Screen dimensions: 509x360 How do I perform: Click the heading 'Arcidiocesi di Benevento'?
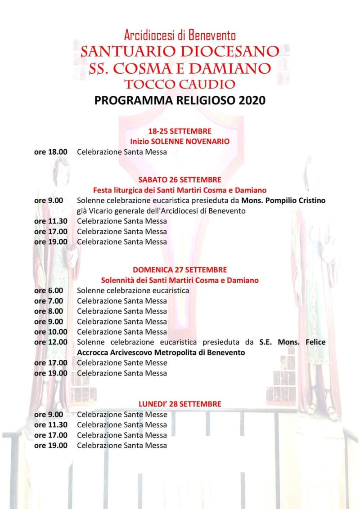180,35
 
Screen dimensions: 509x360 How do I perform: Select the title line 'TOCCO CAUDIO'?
180,84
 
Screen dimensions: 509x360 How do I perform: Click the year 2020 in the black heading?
252,100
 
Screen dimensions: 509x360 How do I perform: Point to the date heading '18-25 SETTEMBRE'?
180,131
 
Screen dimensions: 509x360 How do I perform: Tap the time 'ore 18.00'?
51,152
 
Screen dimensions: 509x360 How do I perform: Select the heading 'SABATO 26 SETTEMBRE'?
180,180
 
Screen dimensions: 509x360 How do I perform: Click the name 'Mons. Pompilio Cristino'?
283,201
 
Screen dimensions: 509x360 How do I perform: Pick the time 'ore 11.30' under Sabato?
51,221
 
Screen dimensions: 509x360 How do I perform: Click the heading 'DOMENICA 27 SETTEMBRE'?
180,270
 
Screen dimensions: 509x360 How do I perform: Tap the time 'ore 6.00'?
49,290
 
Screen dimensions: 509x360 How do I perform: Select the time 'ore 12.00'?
51,342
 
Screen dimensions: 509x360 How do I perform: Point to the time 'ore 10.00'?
51,332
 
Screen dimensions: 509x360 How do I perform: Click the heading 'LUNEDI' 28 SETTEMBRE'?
180,404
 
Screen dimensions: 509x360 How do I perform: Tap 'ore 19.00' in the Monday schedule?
51,446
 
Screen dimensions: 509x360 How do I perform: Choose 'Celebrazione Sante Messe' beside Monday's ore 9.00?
122,415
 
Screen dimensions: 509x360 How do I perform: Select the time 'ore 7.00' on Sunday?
49,301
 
